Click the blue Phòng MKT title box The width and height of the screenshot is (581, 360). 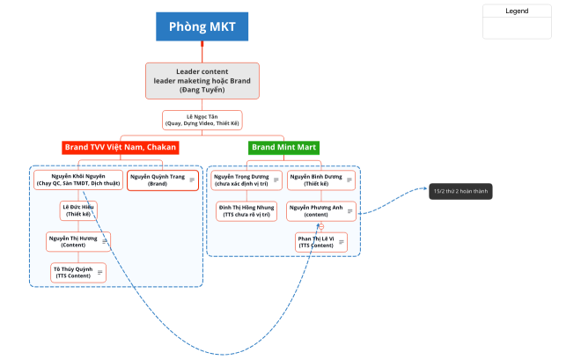[x=202, y=26]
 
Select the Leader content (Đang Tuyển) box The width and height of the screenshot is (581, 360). [x=202, y=80]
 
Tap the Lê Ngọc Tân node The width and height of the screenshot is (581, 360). [x=202, y=120]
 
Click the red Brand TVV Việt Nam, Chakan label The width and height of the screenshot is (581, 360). [x=120, y=147]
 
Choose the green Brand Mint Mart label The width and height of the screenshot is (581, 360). [x=283, y=147]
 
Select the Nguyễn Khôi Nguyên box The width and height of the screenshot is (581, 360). [x=77, y=180]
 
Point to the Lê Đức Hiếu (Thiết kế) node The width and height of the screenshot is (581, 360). [x=77, y=210]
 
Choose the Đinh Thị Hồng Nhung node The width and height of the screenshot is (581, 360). [x=246, y=210]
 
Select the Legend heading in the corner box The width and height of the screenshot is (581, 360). [x=517, y=11]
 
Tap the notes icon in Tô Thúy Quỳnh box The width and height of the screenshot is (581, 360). [x=99, y=272]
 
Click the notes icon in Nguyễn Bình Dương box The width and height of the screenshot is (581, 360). [x=349, y=180]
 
